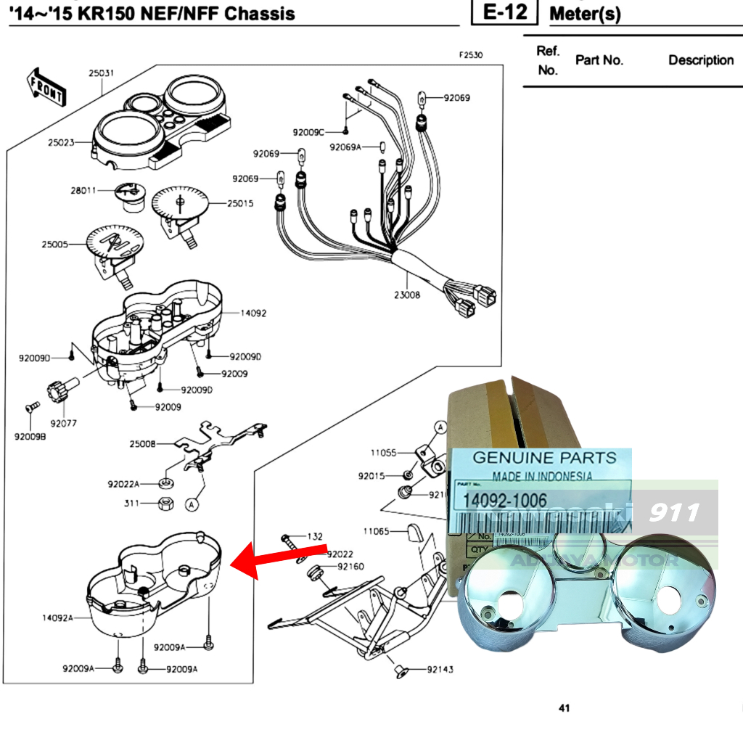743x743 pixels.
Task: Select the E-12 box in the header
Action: tap(504, 12)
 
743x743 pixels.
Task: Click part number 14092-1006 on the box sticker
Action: tap(500, 501)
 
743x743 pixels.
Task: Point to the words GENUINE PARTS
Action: tap(544, 458)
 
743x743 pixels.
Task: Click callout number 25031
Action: tap(102, 73)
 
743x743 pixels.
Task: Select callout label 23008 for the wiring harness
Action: tap(407, 295)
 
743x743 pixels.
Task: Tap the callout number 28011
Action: tap(83, 190)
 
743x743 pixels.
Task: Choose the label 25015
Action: tap(240, 204)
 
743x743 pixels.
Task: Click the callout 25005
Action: tap(54, 245)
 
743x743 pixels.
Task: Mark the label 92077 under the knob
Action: tap(64, 422)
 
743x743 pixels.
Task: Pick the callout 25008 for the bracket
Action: tap(142, 443)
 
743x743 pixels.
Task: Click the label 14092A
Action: tap(57, 618)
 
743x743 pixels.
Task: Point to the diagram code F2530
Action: tap(470, 55)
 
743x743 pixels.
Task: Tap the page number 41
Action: tap(564, 708)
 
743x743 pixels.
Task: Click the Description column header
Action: tap(700, 60)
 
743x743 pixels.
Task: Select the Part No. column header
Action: tap(599, 60)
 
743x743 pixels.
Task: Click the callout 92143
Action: tap(440, 669)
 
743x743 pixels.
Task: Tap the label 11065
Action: tap(377, 531)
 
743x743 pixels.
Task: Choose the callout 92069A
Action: tap(345, 147)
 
